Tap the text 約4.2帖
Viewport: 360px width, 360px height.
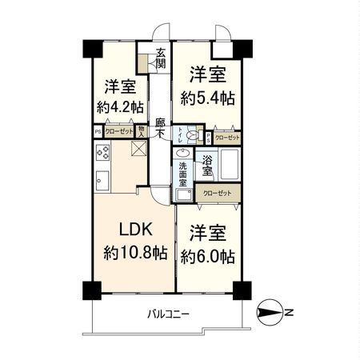pos(122,106)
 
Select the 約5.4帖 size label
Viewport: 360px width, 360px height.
pos(206,98)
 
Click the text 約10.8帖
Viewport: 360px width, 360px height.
pos(135,253)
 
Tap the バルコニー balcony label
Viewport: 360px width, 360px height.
pos(168,313)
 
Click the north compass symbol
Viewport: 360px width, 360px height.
pos(269,313)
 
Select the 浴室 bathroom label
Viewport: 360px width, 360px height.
pos(206,165)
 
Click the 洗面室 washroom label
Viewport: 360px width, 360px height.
pos(182,174)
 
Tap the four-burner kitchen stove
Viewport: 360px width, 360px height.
pos(103,153)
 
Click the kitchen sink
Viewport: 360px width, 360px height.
pos(102,180)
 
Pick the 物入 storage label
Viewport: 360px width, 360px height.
pos(141,132)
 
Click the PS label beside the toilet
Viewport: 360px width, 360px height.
pos(210,136)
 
